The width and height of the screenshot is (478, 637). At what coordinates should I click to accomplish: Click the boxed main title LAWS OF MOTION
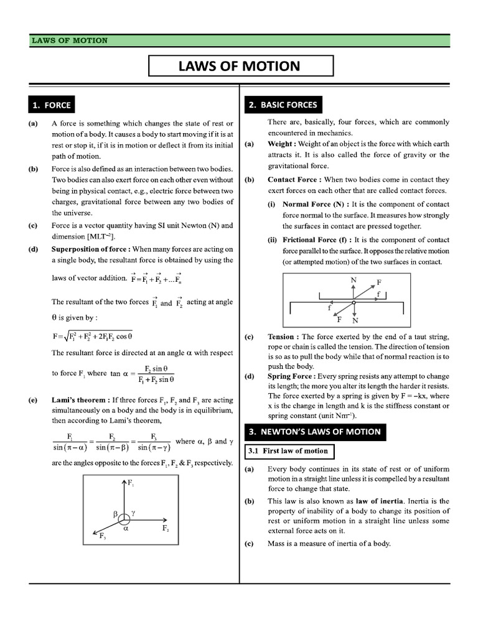pyautogui.click(x=241, y=66)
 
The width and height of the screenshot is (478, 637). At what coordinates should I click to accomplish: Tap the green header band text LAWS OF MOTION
pyautogui.click(x=70, y=40)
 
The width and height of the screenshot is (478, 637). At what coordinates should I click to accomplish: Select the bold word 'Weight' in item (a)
pyautogui.click(x=281, y=144)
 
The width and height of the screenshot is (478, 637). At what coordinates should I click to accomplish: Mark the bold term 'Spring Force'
pyautogui.click(x=291, y=376)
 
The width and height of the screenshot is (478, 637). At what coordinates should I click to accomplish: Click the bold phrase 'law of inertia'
pyautogui.click(x=378, y=501)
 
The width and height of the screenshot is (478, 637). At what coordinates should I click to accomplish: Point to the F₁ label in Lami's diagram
pyautogui.click(x=131, y=483)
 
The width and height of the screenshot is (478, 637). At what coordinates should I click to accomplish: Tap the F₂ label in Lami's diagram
pyautogui.click(x=166, y=528)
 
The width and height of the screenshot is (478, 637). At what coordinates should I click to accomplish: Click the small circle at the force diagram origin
pyautogui.click(x=124, y=517)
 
